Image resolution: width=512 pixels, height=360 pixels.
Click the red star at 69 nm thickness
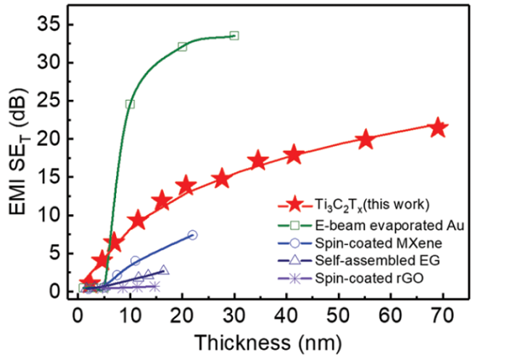tap(439, 128)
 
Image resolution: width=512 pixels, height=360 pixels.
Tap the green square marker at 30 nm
tap(234, 36)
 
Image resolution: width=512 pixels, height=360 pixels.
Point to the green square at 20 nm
tap(182, 46)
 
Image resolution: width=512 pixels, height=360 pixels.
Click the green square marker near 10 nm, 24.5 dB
tap(130, 104)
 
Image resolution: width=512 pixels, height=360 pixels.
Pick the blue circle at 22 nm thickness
tap(192, 235)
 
